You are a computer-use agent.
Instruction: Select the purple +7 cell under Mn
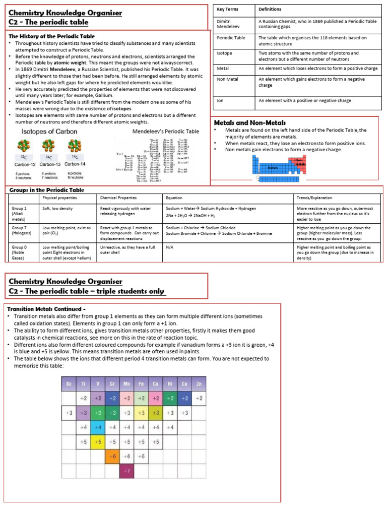[126, 471]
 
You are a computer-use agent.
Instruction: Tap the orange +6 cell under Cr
[112, 456]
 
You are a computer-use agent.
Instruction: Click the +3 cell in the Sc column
[69, 413]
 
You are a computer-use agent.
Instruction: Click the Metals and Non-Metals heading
[250, 122]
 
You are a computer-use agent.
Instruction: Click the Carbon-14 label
[75, 164]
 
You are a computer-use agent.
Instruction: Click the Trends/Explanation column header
[314, 198]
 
